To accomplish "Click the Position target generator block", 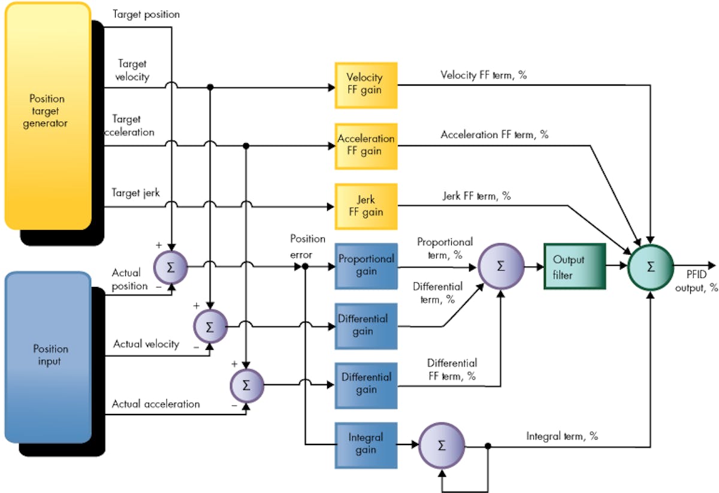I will click(x=48, y=114).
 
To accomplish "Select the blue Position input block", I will click(x=48, y=356).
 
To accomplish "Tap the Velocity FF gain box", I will click(x=365, y=84).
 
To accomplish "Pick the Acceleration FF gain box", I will click(x=365, y=145).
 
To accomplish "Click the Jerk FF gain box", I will click(x=365, y=205).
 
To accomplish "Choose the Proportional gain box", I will click(x=365, y=265).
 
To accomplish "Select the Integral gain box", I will click(x=365, y=444).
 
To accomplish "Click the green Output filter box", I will click(x=574, y=266).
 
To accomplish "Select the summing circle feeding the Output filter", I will click(x=500, y=266).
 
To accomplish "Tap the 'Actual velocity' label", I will click(x=146, y=344).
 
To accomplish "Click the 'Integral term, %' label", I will click(x=561, y=436).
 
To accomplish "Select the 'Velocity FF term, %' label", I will click(x=484, y=75).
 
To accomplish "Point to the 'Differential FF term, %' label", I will click(x=452, y=370).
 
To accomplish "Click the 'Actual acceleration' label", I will click(x=156, y=404).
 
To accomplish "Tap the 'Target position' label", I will click(x=146, y=14).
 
